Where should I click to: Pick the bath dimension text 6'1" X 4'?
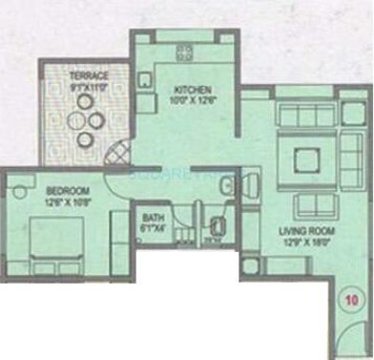click(153, 227)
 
